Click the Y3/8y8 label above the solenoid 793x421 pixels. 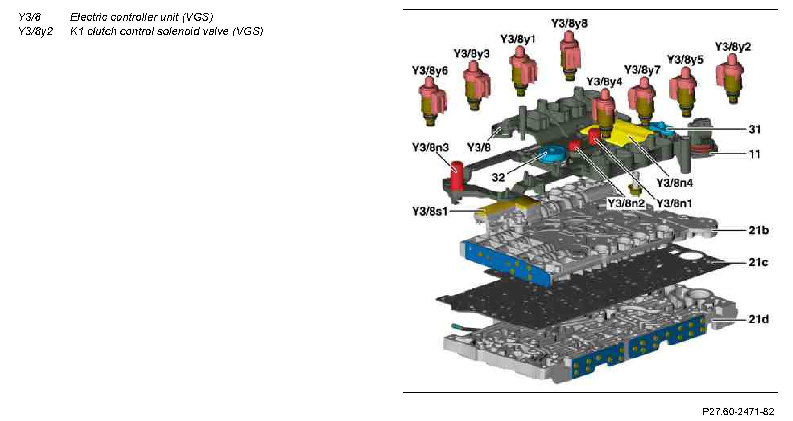pos(569,24)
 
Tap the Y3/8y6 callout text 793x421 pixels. pos(430,71)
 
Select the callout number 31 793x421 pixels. pos(755,129)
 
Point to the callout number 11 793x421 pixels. pos(755,154)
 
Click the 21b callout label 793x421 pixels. pos(759,230)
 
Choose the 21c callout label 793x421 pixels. pos(758,262)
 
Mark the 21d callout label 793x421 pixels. pos(759,319)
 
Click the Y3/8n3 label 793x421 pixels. pos(431,148)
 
